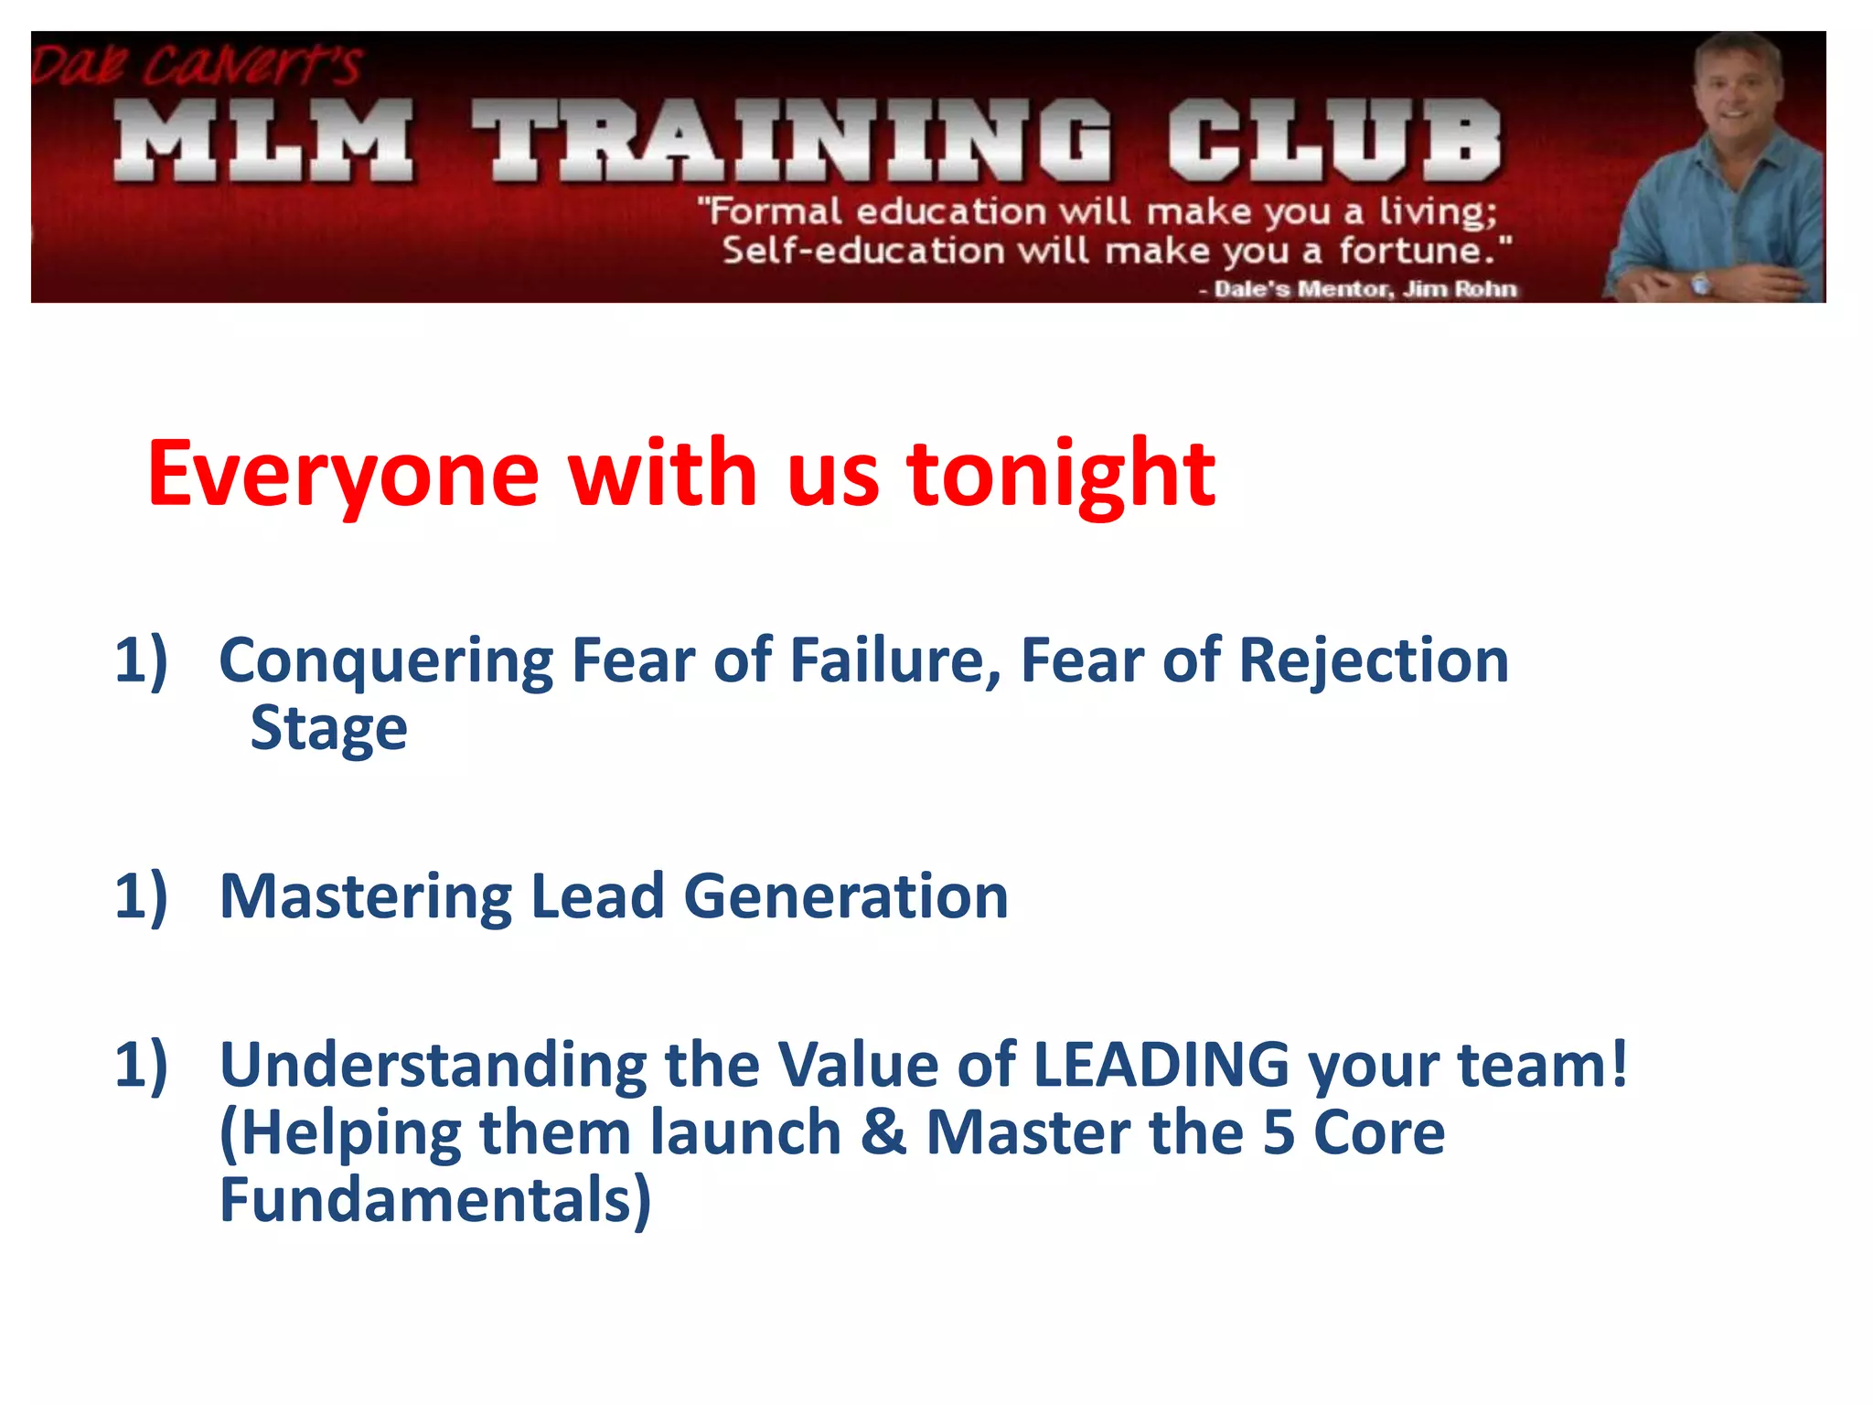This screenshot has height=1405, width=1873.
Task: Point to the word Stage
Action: pyautogui.click(x=329, y=730)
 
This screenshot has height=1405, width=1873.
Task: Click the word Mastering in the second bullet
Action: pyautogui.click(x=366, y=896)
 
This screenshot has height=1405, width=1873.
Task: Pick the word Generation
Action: pyautogui.click(x=846, y=896)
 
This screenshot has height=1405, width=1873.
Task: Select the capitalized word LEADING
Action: pyautogui.click(x=1161, y=1065)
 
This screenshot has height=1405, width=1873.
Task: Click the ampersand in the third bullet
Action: pyautogui.click(x=883, y=1132)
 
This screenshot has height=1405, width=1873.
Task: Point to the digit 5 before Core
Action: pyautogui.click(x=1279, y=1132)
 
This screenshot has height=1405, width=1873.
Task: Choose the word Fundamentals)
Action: pyautogui.click(x=435, y=1200)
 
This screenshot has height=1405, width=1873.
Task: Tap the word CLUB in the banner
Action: pyautogui.click(x=1335, y=142)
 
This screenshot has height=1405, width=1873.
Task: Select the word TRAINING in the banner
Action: pyautogui.click(x=792, y=142)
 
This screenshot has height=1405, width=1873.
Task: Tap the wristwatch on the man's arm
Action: pyautogui.click(x=1700, y=284)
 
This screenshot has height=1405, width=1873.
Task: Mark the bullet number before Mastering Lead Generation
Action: pyautogui.click(x=141, y=896)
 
